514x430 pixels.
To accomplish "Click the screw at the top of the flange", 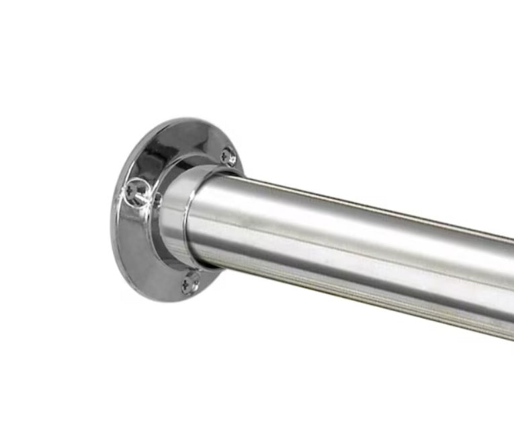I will (x=229, y=157).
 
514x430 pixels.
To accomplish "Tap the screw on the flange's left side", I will (x=135, y=192).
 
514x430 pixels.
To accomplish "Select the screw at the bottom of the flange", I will (x=191, y=283).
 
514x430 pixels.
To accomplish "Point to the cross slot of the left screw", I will (x=135, y=192).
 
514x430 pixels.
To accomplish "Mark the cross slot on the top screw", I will (x=229, y=157).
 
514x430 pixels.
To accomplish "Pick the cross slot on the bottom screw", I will (x=191, y=283).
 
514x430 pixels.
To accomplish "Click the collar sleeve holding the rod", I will (x=176, y=215).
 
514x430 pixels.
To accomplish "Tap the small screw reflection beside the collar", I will (x=157, y=199).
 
